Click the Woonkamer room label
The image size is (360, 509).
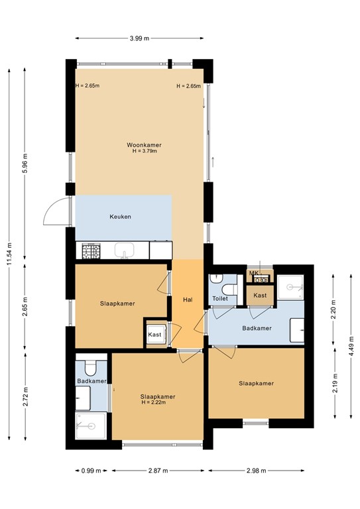coord(144,144)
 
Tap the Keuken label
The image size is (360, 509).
coord(120,217)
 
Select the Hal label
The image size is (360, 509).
coord(188,300)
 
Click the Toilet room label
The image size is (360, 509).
coord(220,298)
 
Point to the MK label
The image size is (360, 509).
coord(253,273)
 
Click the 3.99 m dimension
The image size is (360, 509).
coord(140,38)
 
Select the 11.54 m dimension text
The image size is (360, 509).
coord(10,254)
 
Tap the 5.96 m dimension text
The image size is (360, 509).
coord(25,163)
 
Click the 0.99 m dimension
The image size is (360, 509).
coord(91,471)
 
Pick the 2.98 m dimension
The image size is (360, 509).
coord(257,471)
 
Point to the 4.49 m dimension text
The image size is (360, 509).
coord(351,347)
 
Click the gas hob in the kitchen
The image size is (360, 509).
coord(91,251)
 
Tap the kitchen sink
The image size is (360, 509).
coord(125,251)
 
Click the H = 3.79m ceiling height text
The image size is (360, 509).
coord(145,151)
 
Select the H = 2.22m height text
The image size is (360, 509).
coord(154,402)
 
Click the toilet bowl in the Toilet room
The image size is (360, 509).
coord(229,289)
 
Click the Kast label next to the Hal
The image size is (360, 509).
coord(154,334)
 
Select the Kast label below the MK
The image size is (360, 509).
coord(260,296)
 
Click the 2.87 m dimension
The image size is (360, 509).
coord(158,471)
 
